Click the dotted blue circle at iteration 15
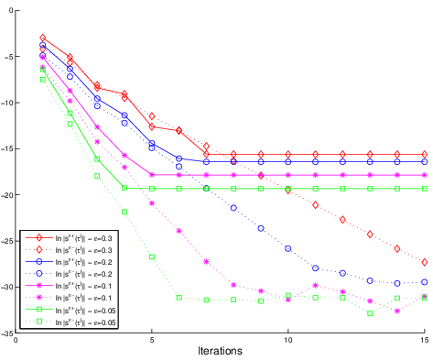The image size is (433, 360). click(x=425, y=282)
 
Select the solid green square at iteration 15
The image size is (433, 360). click(x=425, y=189)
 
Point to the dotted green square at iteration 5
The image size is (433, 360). click(x=152, y=256)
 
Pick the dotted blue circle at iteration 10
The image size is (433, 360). click(x=288, y=248)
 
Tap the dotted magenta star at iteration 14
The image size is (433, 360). click(x=397, y=311)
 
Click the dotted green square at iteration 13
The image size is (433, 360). click(x=370, y=313)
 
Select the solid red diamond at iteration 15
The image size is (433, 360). click(x=425, y=155)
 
